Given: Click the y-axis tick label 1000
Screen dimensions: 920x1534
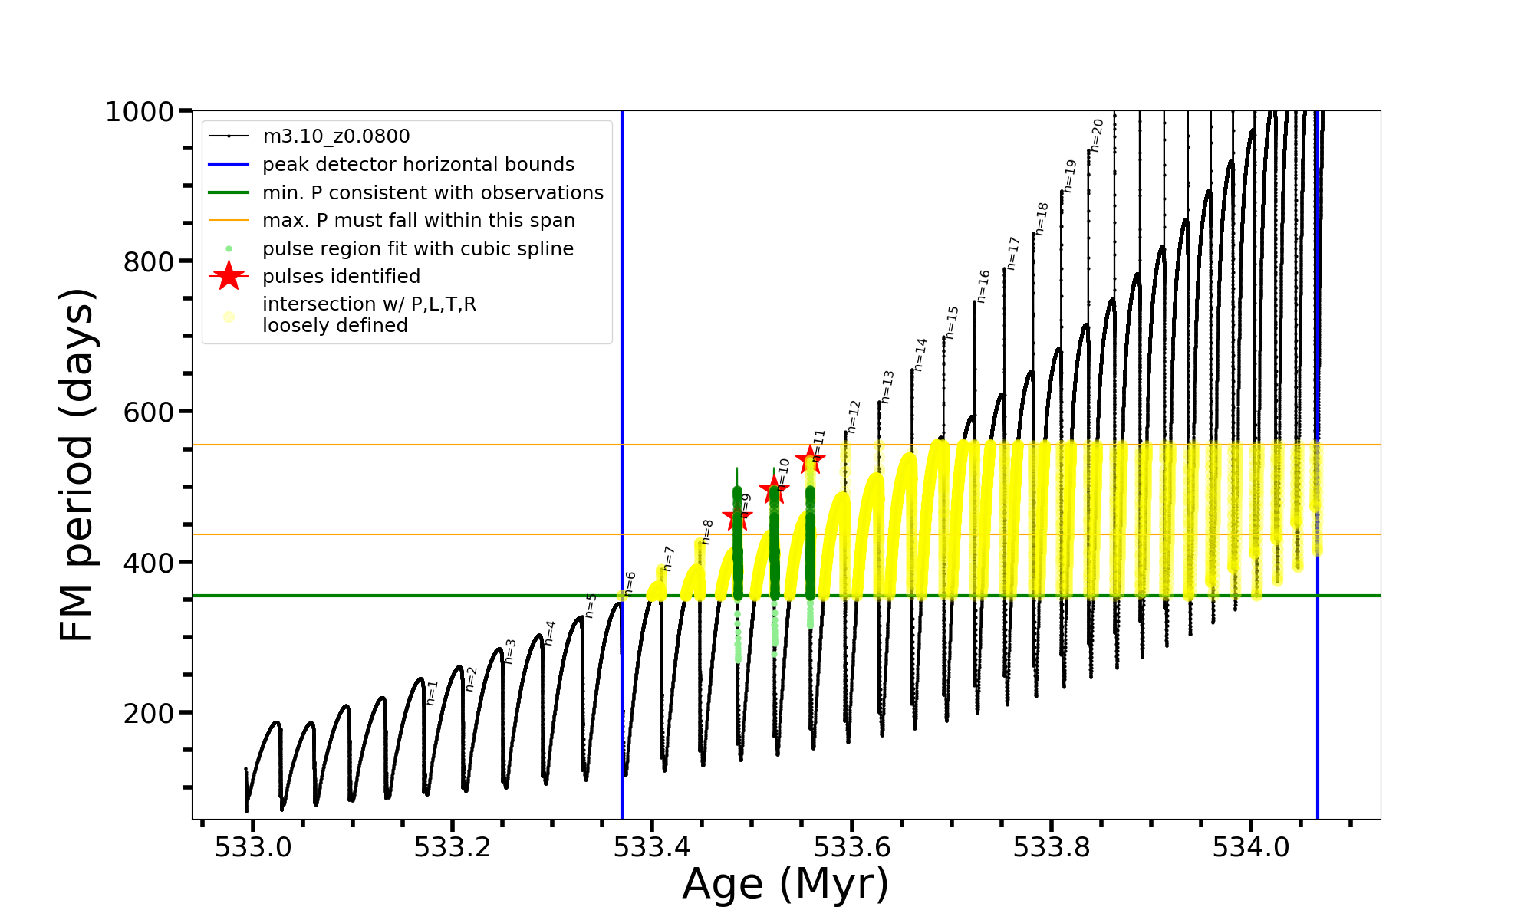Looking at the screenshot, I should coord(140,112).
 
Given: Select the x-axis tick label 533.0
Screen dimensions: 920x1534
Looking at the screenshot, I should coord(252,847).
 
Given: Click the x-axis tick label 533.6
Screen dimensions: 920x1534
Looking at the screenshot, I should coord(851,847).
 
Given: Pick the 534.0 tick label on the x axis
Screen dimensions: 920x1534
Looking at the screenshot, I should coord(1251,847).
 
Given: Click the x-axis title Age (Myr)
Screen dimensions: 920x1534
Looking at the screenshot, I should coord(785,884).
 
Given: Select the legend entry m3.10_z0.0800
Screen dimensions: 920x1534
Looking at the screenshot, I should coord(336,136).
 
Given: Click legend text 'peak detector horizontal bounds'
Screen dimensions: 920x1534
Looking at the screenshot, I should coord(418,165).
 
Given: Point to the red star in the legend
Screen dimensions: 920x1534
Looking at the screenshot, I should coord(229,276).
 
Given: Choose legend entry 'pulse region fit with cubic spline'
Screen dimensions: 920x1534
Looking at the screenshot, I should coord(417,249).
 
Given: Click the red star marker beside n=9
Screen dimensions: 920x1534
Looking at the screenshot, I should coord(737,518).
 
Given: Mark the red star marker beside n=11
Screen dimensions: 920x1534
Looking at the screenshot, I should coord(810,460).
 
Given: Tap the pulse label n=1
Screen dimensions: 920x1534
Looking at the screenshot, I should coord(432,692).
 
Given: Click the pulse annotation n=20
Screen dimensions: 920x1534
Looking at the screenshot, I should coord(1097,135).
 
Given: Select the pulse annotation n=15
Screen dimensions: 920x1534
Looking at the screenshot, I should coord(952,322).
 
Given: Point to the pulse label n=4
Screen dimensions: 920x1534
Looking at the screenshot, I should coord(549,633).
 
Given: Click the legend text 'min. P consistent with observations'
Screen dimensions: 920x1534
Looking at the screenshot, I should coord(433,193).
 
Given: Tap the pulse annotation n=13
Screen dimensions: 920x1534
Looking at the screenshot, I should coord(887,386).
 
